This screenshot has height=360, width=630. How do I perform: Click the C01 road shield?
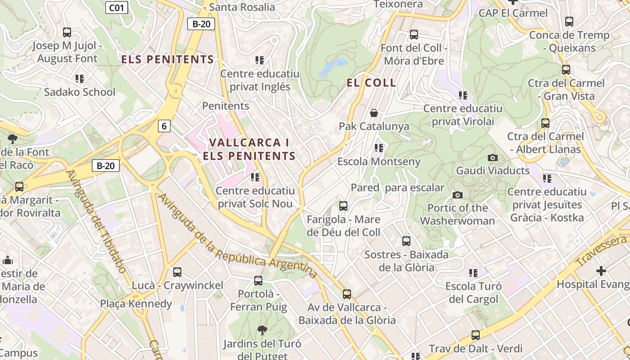117,7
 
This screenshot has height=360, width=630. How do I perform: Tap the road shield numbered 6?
164,126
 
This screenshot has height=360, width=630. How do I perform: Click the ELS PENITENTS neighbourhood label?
167,59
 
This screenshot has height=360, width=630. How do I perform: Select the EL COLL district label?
371,83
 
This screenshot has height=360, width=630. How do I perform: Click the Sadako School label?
80,92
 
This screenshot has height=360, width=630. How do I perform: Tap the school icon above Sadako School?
80,79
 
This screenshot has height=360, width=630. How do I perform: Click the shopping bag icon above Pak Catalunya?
373,113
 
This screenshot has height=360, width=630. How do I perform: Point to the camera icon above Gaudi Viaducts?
493,157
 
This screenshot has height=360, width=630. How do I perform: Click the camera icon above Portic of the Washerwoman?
458,195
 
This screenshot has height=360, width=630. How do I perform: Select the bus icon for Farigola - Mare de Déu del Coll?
343,206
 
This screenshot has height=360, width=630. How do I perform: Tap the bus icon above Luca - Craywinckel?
177,272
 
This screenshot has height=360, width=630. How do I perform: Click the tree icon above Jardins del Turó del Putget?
262,331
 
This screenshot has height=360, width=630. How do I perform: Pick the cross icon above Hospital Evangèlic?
601,271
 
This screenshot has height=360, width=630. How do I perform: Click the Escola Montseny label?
379,162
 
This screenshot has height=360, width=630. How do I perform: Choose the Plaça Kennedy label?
136,304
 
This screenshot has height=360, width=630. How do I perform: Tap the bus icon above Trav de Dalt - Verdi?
476,335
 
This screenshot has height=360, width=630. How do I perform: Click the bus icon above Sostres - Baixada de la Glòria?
406,241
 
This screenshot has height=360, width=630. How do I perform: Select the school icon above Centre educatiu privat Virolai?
463,95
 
